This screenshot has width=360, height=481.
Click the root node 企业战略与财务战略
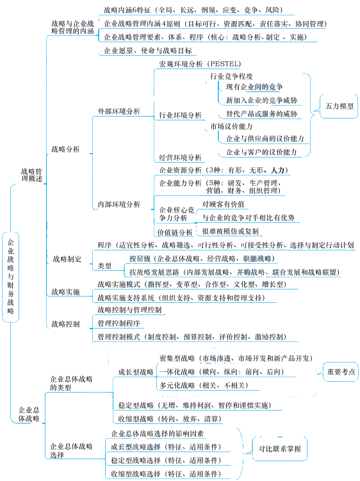(11, 277)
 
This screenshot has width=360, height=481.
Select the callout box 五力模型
(339, 106)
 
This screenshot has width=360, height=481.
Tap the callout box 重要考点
(341, 371)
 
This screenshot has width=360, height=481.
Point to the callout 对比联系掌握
(279, 449)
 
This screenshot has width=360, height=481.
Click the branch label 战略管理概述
(31, 175)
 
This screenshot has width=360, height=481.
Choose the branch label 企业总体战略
(29, 414)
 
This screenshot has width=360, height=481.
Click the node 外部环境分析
(119, 111)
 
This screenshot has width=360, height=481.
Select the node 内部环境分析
(119, 204)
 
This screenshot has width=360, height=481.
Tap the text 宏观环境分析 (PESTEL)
(200, 64)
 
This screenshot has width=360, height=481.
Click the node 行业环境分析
(180, 115)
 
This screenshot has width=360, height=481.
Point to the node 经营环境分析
(180, 158)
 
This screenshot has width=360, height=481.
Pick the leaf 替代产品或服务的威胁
(262, 114)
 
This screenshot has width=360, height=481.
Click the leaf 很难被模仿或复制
(230, 231)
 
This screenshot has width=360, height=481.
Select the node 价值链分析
(175, 232)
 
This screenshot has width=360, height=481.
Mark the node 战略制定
(67, 259)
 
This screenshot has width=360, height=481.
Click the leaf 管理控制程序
(119, 323)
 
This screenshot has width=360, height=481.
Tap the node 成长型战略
(136, 372)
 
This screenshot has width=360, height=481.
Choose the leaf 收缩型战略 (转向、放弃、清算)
(170, 419)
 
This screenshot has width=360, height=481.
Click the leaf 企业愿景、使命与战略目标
(148, 51)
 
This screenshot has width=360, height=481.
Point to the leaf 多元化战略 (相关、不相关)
(204, 386)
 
